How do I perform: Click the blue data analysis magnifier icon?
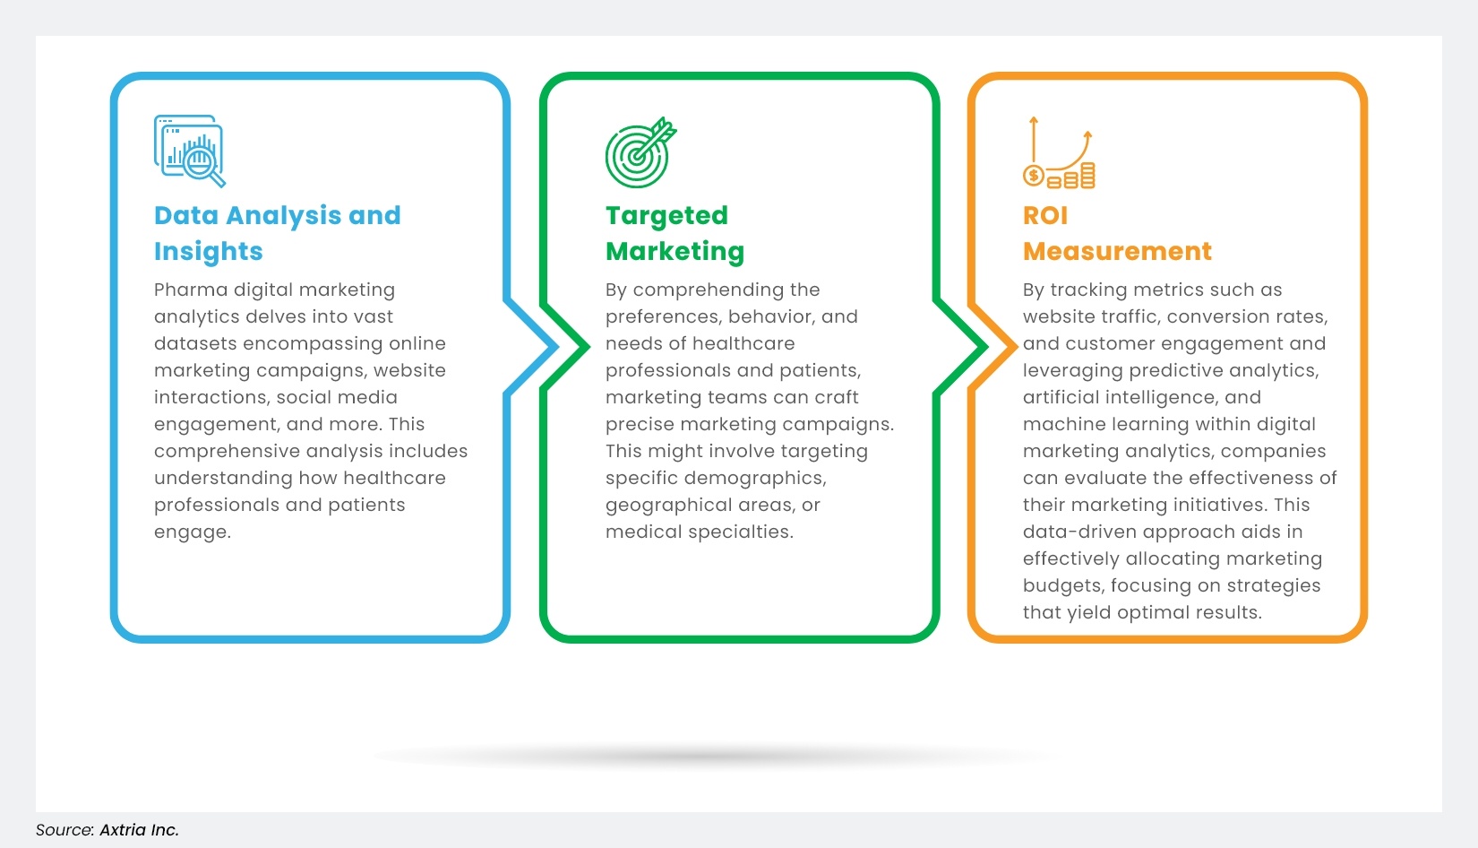click(x=189, y=151)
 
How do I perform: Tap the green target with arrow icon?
click(x=640, y=151)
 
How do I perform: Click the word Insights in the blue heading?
click(x=208, y=252)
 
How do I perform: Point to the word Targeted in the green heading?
click(x=666, y=215)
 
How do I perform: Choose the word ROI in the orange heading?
click(x=1044, y=215)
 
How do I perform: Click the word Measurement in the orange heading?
click(x=1117, y=251)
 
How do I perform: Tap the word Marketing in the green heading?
click(x=675, y=252)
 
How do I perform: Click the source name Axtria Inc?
click(x=139, y=830)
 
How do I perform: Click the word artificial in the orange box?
click(x=1067, y=397)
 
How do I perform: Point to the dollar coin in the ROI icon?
click(x=1034, y=176)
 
